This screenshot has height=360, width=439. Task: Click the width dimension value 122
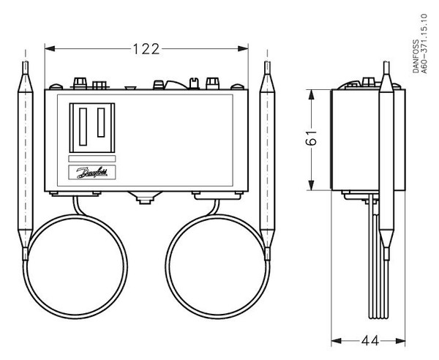pyautogui.click(x=146, y=49)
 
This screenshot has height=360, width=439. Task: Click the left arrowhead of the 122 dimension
pyautogui.click(x=48, y=49)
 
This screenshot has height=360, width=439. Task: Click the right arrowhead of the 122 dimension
pyautogui.click(x=247, y=49)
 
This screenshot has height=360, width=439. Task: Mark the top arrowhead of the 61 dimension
pyautogui.click(x=314, y=93)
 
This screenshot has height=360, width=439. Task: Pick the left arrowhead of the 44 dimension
pyautogui.click(x=335, y=340)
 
